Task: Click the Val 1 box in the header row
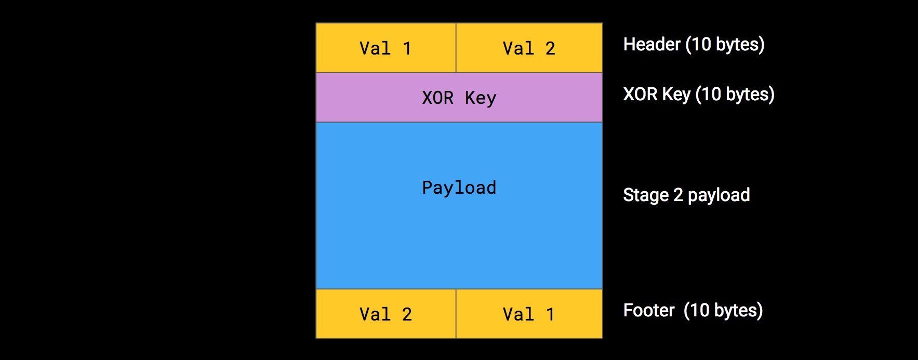(385, 48)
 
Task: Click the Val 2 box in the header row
(529, 48)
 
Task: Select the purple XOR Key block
(459, 97)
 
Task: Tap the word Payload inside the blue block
(459, 188)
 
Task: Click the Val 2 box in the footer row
(385, 314)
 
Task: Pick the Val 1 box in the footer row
(529, 314)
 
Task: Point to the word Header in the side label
(651, 44)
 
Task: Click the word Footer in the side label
(648, 310)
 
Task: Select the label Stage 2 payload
(686, 195)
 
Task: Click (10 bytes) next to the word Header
(725, 44)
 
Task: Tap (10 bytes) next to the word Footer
(723, 310)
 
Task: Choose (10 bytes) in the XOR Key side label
(735, 94)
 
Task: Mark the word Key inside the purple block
(481, 98)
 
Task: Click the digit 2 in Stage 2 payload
(678, 195)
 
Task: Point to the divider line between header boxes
(456, 48)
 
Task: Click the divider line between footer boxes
(456, 314)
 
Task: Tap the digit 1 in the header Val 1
(407, 48)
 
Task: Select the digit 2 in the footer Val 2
(407, 314)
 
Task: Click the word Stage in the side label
(646, 195)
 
